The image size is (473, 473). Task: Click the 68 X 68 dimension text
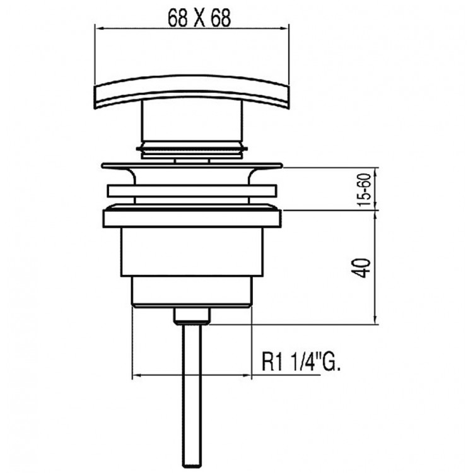192,18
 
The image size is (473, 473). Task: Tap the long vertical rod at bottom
192,391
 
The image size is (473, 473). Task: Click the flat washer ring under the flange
192,191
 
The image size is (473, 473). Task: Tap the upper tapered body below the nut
192,255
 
